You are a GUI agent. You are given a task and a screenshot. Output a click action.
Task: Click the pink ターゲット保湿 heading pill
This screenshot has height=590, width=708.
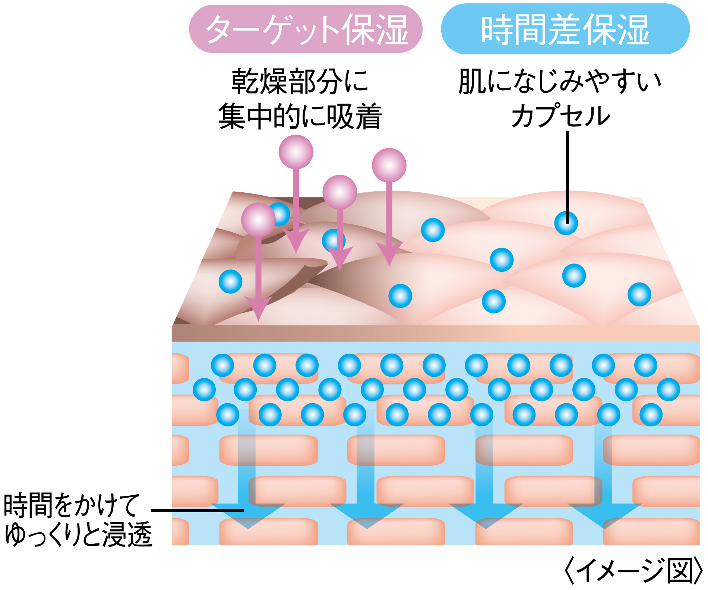pyautogui.click(x=306, y=29)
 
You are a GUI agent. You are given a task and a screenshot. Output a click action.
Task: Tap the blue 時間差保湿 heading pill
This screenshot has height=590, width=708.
pyautogui.click(x=565, y=29)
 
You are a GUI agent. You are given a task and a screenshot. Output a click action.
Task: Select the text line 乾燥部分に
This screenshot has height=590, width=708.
pyautogui.click(x=300, y=81)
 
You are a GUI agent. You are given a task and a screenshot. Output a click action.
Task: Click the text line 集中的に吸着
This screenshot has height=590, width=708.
pyautogui.click(x=300, y=116)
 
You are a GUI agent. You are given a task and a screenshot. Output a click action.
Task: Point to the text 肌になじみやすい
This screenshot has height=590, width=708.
pyautogui.click(x=560, y=81)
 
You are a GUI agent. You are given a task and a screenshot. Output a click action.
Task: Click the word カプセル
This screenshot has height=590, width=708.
pyautogui.click(x=560, y=116)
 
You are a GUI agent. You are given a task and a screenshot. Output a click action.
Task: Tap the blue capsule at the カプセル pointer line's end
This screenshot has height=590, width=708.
pyautogui.click(x=566, y=223)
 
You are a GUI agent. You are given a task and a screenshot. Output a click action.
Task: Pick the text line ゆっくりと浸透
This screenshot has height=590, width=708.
pyautogui.click(x=79, y=534)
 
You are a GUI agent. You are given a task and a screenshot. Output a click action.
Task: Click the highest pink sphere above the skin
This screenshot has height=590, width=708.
pyautogui.click(x=296, y=152)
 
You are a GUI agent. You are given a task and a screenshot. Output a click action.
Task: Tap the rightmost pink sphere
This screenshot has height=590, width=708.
pyautogui.click(x=389, y=165)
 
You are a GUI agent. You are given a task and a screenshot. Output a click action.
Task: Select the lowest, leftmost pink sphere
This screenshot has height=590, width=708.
pyautogui.click(x=258, y=220)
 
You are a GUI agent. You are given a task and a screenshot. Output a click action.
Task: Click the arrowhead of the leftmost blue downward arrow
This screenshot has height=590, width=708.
pyautogui.click(x=248, y=516)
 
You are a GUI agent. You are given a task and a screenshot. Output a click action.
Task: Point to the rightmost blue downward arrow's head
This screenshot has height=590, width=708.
pyautogui.click(x=604, y=516)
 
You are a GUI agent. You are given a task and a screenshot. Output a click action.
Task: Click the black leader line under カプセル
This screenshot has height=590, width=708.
pyautogui.click(x=568, y=177)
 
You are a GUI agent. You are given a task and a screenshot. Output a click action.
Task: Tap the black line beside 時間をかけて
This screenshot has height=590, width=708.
pyautogui.click(x=197, y=510)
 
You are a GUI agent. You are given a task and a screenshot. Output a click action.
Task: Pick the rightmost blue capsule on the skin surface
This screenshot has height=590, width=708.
pyautogui.click(x=639, y=294)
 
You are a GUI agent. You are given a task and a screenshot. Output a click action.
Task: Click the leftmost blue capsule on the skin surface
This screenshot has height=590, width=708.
pyautogui.click(x=231, y=281)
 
